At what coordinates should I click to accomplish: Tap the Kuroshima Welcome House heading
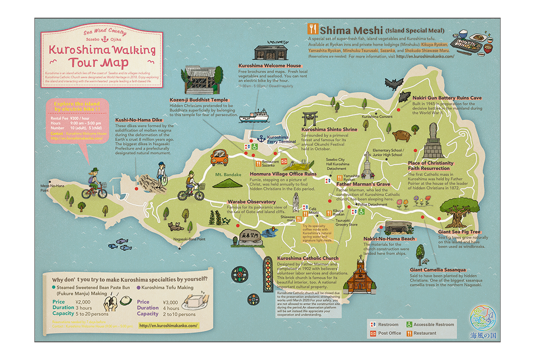pos(270,65)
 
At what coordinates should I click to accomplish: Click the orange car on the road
pos(219,156)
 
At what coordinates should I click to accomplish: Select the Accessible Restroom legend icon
pos(409,325)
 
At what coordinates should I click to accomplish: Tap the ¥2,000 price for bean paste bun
pos(83,302)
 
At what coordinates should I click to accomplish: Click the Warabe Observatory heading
pos(251,202)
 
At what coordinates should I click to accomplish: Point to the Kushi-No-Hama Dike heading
pos(138,120)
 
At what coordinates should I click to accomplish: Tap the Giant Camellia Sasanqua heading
pos(437,269)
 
